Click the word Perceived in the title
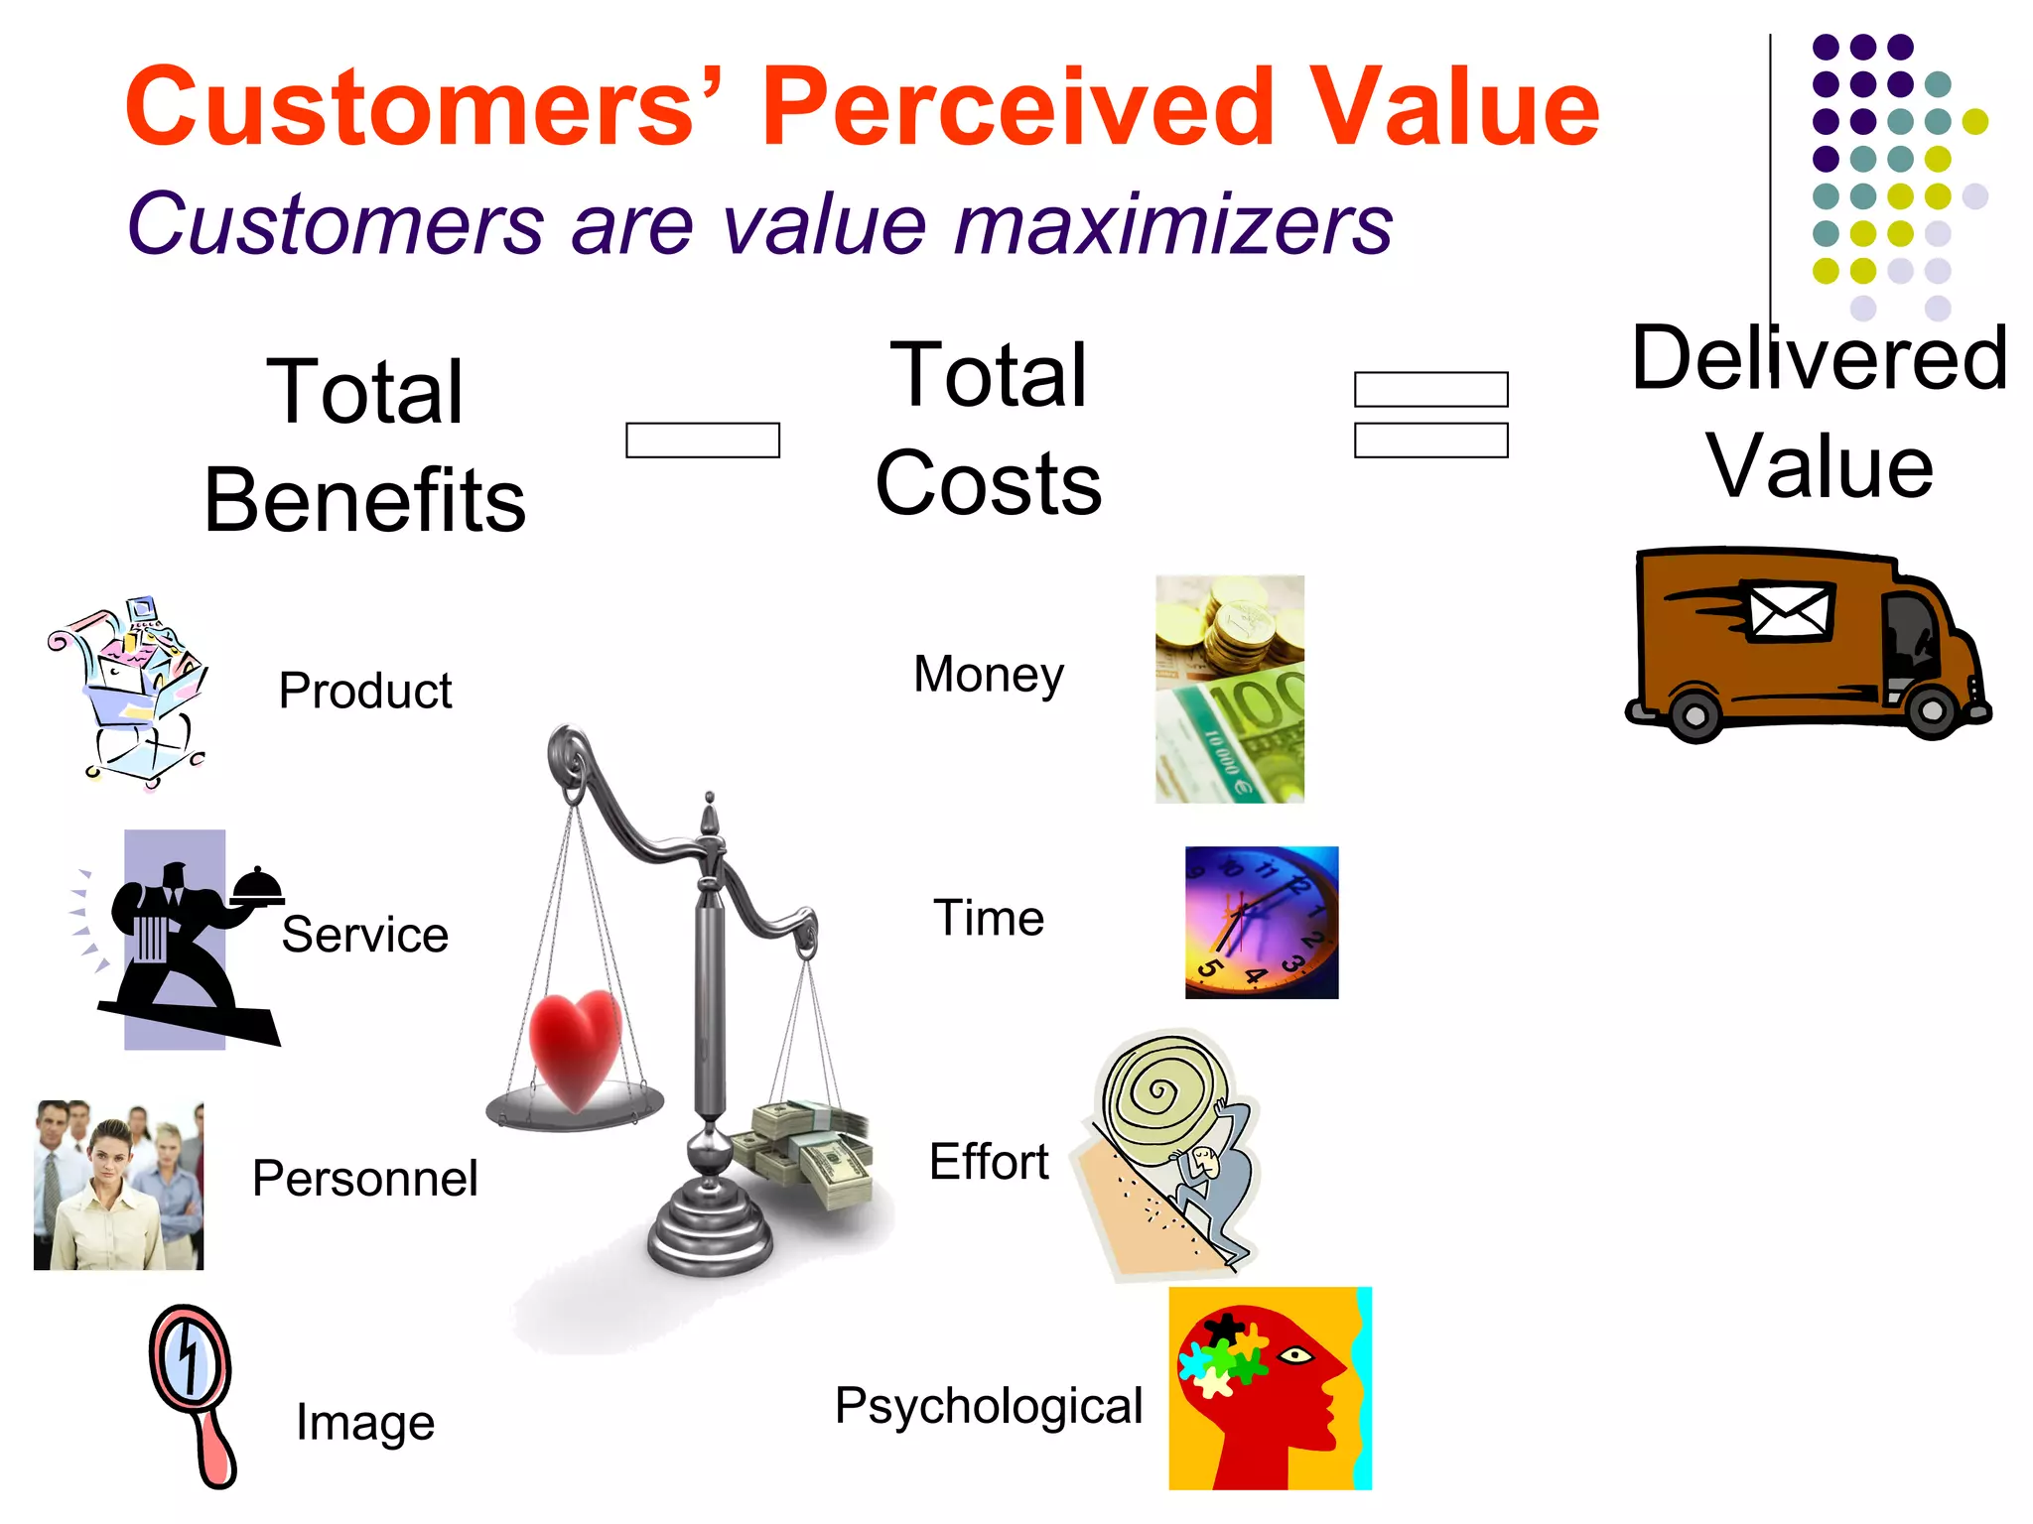pyautogui.click(x=1017, y=107)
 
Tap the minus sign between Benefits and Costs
pyautogui.click(x=703, y=441)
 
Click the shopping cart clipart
pyautogui.click(x=129, y=690)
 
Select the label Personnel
pyautogui.click(x=364, y=1179)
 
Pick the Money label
pyautogui.click(x=989, y=675)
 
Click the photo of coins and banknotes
pyautogui.click(x=1230, y=689)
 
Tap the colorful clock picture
pyautogui.click(x=1262, y=923)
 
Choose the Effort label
pyautogui.click(x=989, y=1162)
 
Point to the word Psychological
pyautogui.click(x=989, y=1406)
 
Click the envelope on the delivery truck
pyautogui.click(x=1789, y=612)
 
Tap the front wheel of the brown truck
pyautogui.click(x=1931, y=709)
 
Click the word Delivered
pyautogui.click(x=1820, y=359)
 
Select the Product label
pyautogui.click(x=365, y=691)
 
